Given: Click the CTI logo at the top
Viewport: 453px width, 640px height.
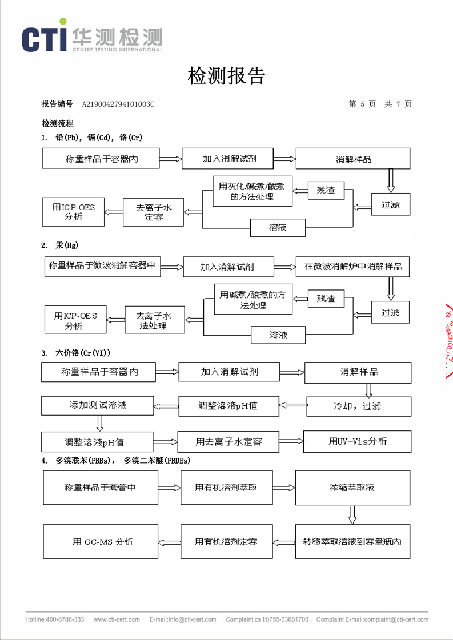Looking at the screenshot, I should [91, 38].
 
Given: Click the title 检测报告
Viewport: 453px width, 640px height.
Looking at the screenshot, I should [226, 75].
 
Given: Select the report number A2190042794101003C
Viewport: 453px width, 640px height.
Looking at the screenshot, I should [118, 104].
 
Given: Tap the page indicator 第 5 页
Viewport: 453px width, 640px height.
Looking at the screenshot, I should [362, 104].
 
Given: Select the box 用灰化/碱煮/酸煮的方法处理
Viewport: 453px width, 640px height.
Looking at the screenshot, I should [252, 191].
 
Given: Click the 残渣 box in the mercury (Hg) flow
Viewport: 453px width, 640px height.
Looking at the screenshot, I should [326, 298].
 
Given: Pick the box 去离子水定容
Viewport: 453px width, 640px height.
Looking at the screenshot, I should [154, 212].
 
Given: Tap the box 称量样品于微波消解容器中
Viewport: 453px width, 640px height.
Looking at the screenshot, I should [103, 266].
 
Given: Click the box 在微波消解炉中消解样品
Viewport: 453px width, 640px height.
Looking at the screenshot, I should [353, 267].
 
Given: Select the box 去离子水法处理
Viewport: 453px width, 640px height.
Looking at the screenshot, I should [155, 320].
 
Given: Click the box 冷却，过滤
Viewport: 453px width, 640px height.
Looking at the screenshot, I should [358, 406].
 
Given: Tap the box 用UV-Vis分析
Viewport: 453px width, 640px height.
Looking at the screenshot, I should [357, 441].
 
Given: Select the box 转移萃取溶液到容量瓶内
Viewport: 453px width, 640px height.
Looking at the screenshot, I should [352, 541].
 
